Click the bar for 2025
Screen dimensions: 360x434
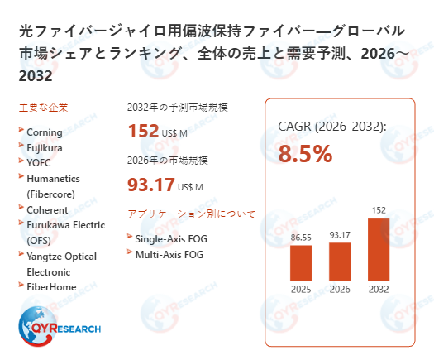pos(301,263)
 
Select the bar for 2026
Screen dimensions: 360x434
pos(340,261)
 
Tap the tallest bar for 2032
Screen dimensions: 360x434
pos(379,249)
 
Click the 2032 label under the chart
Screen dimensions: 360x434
pos(379,290)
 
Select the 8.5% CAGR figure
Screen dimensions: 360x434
pos(305,154)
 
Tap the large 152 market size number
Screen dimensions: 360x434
pos(143,132)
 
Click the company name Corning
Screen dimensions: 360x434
pos(45,132)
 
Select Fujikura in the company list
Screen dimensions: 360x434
pos(45,147)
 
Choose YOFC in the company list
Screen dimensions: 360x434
pos(39,163)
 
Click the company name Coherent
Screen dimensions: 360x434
pos(47,210)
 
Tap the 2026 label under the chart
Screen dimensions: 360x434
pos(340,290)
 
